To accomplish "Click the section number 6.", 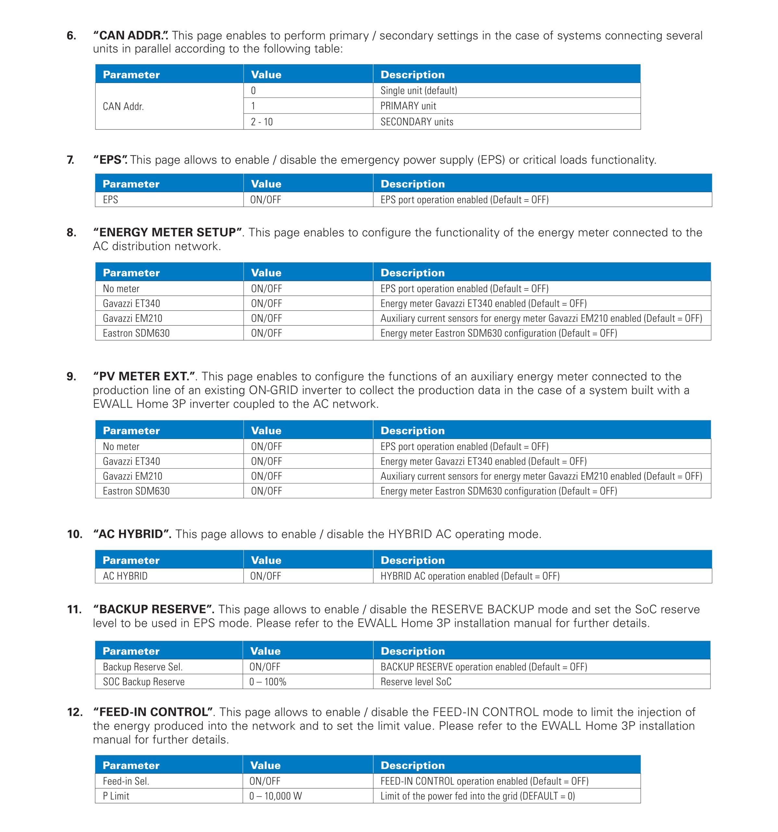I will tap(71, 35).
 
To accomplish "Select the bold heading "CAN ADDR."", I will tap(130, 35).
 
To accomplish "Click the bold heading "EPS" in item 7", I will tap(110, 160).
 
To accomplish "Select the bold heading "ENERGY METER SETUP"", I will tap(167, 232).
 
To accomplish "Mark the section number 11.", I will tap(74, 609).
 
